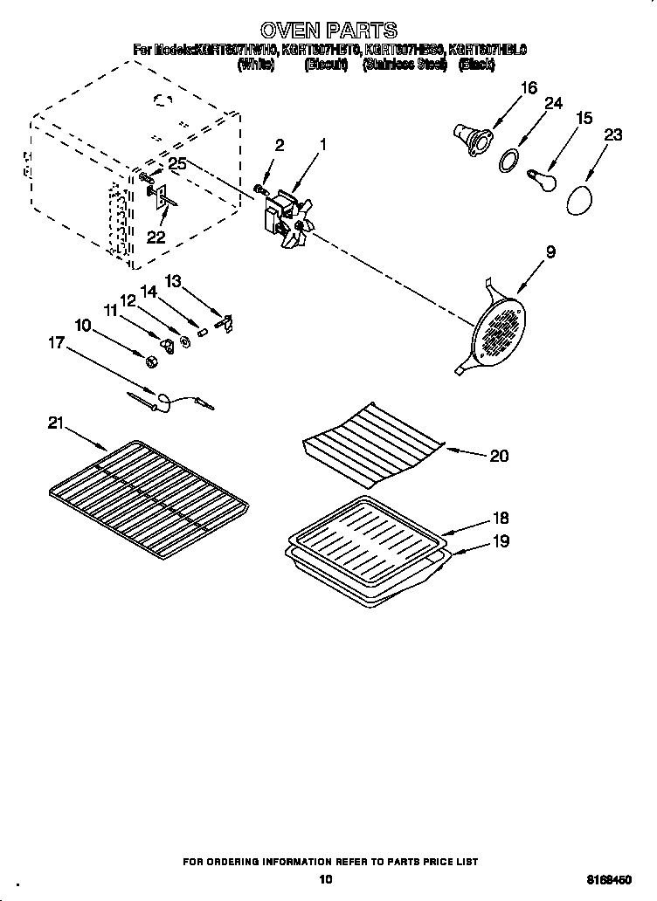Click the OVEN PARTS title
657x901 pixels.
pos(329,32)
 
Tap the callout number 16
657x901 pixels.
pos(529,87)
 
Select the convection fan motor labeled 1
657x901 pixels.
pos(286,218)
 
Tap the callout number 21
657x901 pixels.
pos(57,423)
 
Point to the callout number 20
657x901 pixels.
pos(499,456)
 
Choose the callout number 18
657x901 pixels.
pos(499,518)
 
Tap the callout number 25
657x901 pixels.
pos(177,163)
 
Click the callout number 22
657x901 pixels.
pos(156,236)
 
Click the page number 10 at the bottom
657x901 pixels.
pos(326,880)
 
